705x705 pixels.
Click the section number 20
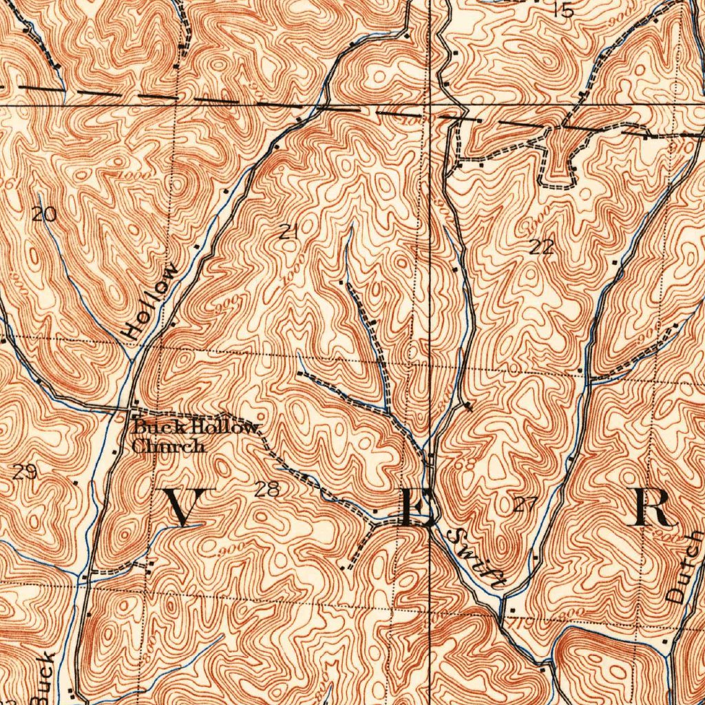[x=44, y=215]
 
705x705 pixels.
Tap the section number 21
[x=289, y=233]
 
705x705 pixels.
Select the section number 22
[x=542, y=247]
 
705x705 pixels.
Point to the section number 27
[x=525, y=505]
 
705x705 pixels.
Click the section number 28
[x=267, y=490]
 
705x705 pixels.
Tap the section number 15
[x=562, y=10]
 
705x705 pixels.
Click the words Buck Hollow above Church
[x=197, y=428]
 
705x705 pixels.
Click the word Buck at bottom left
[x=43, y=678]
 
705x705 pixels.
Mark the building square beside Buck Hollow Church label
[x=135, y=403]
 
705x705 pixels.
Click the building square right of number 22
[x=615, y=262]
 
